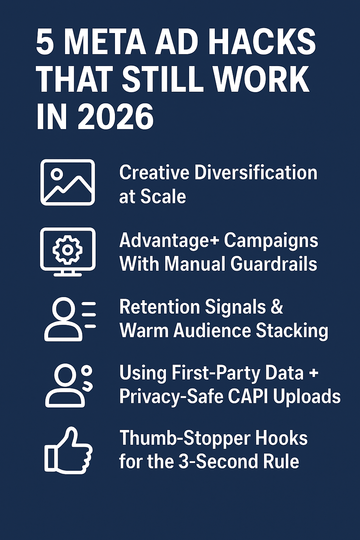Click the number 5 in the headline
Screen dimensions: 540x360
pos(45,42)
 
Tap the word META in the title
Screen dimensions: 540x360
pos(105,42)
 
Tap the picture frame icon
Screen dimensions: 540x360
pos(67,182)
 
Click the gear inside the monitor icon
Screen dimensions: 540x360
pos(67,250)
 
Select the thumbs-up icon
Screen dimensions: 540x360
pos(68,451)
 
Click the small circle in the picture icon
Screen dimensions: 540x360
pos(57,174)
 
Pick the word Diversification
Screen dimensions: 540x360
pos(256,173)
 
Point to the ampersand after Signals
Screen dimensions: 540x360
pos(277,307)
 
